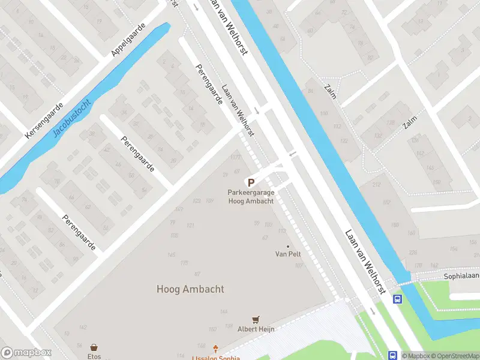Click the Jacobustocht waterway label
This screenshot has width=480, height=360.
coord(76,116)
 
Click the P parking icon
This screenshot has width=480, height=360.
coord(251,182)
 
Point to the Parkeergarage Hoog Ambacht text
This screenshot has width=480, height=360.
coord(251,197)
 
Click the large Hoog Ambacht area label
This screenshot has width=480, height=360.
coord(190,289)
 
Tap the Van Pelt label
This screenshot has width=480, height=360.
coord(288,254)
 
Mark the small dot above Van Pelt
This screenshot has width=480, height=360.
coord(288,246)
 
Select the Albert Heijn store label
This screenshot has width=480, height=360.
coord(256,329)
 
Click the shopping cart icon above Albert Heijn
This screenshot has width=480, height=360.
coord(256,320)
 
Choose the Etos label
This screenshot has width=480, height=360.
coord(94,356)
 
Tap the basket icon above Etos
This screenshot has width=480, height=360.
coord(94,347)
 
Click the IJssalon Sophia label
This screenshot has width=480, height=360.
coord(212,358)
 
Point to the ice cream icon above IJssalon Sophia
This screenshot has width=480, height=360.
coord(216,348)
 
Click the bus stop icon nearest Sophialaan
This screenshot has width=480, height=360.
coord(397,298)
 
